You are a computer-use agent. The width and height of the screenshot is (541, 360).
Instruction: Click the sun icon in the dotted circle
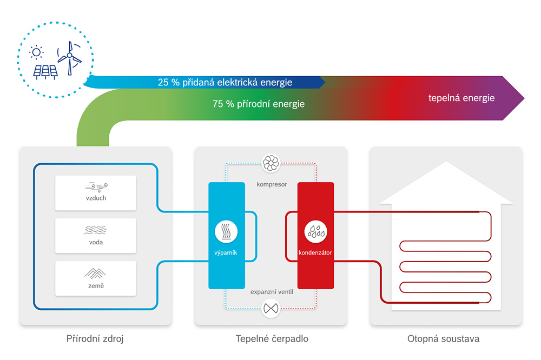pos(36,52)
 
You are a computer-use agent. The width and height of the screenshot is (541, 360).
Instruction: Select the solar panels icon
pos(45,72)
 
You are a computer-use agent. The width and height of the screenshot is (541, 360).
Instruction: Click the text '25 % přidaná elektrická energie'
pos(225,82)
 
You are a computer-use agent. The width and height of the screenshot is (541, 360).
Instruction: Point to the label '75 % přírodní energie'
pos(259,104)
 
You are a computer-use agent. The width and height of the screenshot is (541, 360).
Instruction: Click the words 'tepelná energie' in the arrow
pos(461,98)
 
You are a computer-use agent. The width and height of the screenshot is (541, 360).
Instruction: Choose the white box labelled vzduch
pos(96,193)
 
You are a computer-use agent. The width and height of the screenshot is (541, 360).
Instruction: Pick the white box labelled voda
pos(96,236)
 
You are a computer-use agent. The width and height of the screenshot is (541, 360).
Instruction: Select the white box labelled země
pos(96,278)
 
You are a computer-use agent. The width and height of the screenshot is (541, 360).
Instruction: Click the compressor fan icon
pos(271,163)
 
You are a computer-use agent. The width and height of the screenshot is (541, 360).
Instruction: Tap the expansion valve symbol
pos(271,308)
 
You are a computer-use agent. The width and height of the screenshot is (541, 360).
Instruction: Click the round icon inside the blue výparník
pos(226,232)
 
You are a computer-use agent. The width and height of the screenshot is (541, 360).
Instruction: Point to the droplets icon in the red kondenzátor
pos(316,232)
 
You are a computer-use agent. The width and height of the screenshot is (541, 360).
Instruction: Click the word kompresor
pos(272,184)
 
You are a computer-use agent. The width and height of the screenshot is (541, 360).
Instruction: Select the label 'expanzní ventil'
pos(272,292)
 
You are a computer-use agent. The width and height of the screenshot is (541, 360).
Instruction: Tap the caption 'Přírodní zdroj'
pos(95,338)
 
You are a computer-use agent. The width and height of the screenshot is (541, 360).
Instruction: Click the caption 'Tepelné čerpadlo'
pos(272,338)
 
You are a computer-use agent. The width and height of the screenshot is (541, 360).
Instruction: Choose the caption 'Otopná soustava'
pos(444,338)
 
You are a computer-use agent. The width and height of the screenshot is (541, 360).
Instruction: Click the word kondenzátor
pos(315,253)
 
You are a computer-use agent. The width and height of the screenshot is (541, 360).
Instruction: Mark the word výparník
pos(226,253)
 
